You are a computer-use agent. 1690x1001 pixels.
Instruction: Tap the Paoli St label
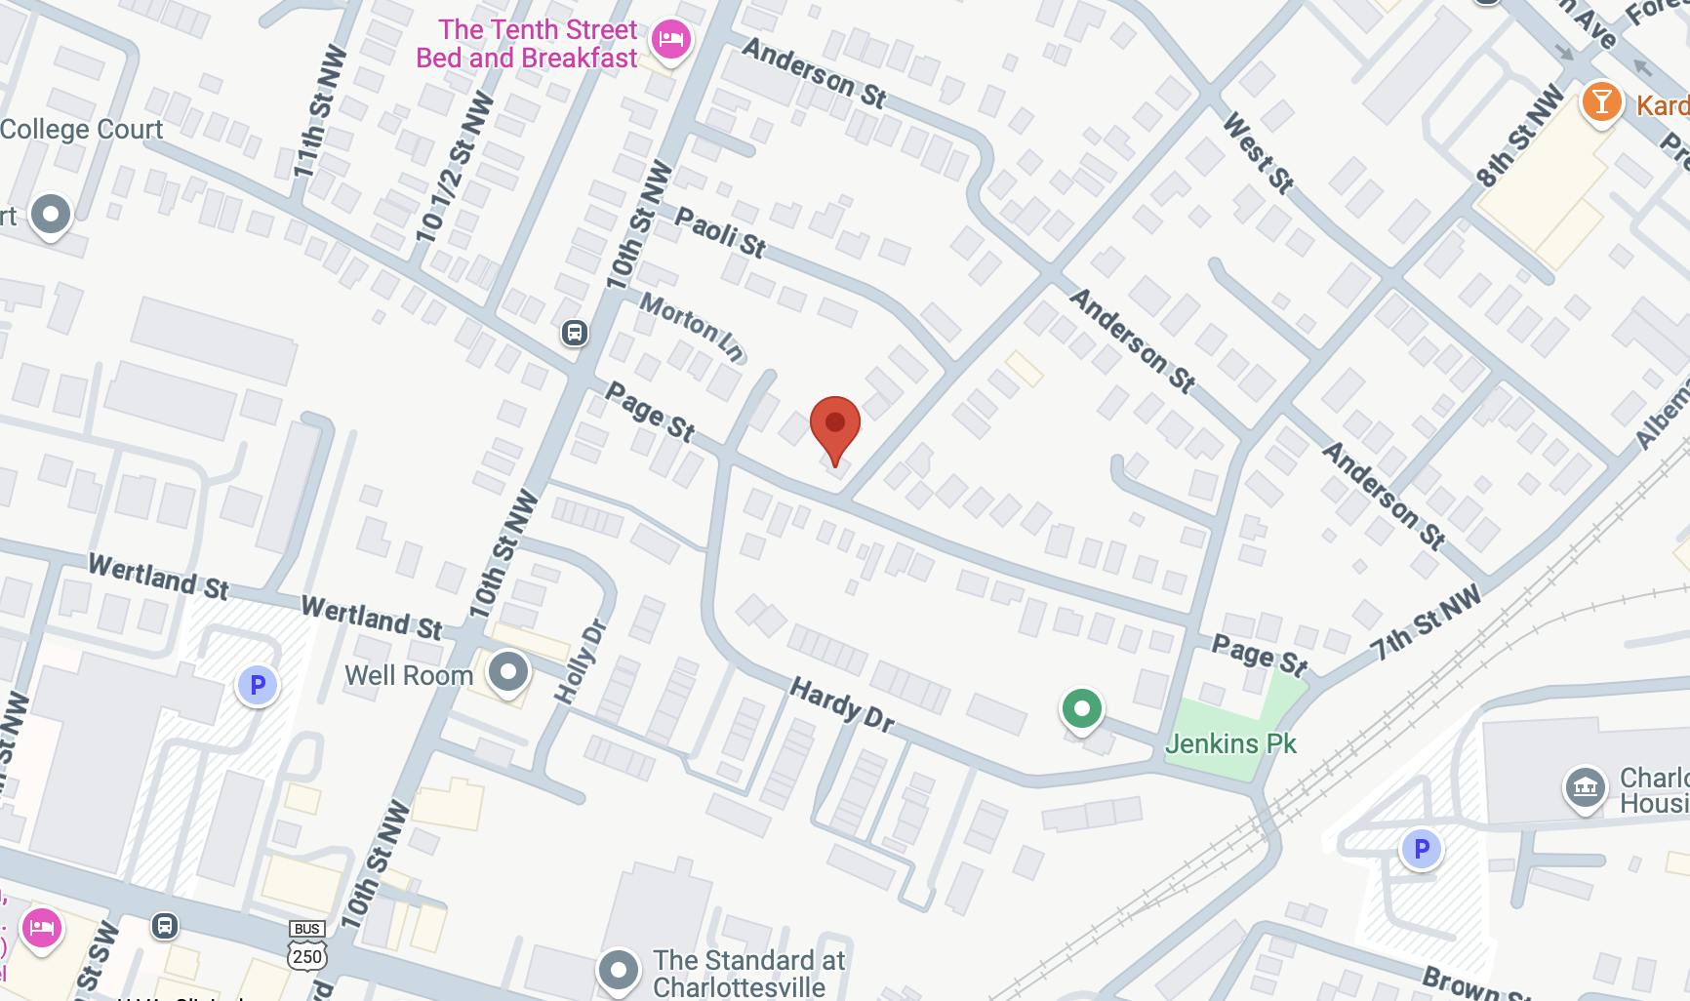(x=721, y=232)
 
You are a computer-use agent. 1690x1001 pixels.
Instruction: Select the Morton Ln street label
(x=692, y=326)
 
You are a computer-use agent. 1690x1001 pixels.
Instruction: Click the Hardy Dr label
(x=841, y=704)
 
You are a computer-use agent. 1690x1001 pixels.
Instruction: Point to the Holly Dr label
(x=581, y=661)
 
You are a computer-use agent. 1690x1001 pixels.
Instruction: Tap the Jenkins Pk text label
(x=1230, y=744)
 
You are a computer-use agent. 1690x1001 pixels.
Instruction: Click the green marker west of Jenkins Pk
(x=1081, y=708)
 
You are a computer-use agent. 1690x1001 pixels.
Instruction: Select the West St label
(x=1259, y=152)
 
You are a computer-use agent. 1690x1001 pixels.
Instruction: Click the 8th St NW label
(x=1519, y=138)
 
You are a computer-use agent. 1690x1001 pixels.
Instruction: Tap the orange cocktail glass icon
(x=1601, y=101)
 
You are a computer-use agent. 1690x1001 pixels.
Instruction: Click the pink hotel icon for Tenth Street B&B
(x=670, y=40)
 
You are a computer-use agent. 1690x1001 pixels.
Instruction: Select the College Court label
(x=82, y=130)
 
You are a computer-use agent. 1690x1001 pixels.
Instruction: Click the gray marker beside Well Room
(x=507, y=671)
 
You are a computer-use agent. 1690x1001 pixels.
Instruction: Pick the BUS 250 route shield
(x=306, y=946)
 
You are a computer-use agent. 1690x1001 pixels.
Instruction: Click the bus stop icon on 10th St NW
(x=575, y=333)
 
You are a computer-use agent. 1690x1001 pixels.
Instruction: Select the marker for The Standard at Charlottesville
(x=619, y=970)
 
